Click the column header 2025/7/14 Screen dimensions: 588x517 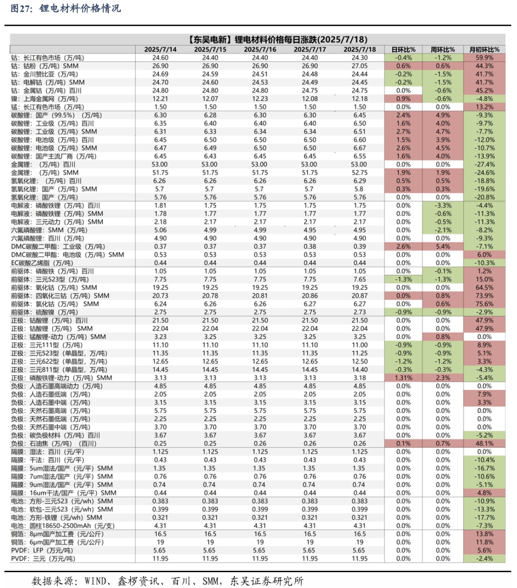tap(160, 49)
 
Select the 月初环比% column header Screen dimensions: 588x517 tap(484, 49)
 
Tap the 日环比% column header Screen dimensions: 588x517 tap(404, 49)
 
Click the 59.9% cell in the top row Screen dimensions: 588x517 tap(484, 57)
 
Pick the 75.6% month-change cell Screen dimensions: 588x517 tap(484, 304)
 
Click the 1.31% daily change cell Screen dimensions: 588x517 tap(404, 377)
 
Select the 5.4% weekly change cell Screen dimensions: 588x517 tap(443, 246)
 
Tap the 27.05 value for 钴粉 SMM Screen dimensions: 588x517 tap(360, 66)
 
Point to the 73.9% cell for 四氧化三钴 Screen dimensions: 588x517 tap(484, 296)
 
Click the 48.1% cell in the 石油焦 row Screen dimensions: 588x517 tap(484, 444)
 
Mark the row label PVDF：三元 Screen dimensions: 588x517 tap(43, 558)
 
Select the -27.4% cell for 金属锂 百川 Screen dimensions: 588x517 tap(484, 164)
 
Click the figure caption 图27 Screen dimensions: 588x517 tap(21, 9)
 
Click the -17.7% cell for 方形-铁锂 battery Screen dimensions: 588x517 tap(484, 517)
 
